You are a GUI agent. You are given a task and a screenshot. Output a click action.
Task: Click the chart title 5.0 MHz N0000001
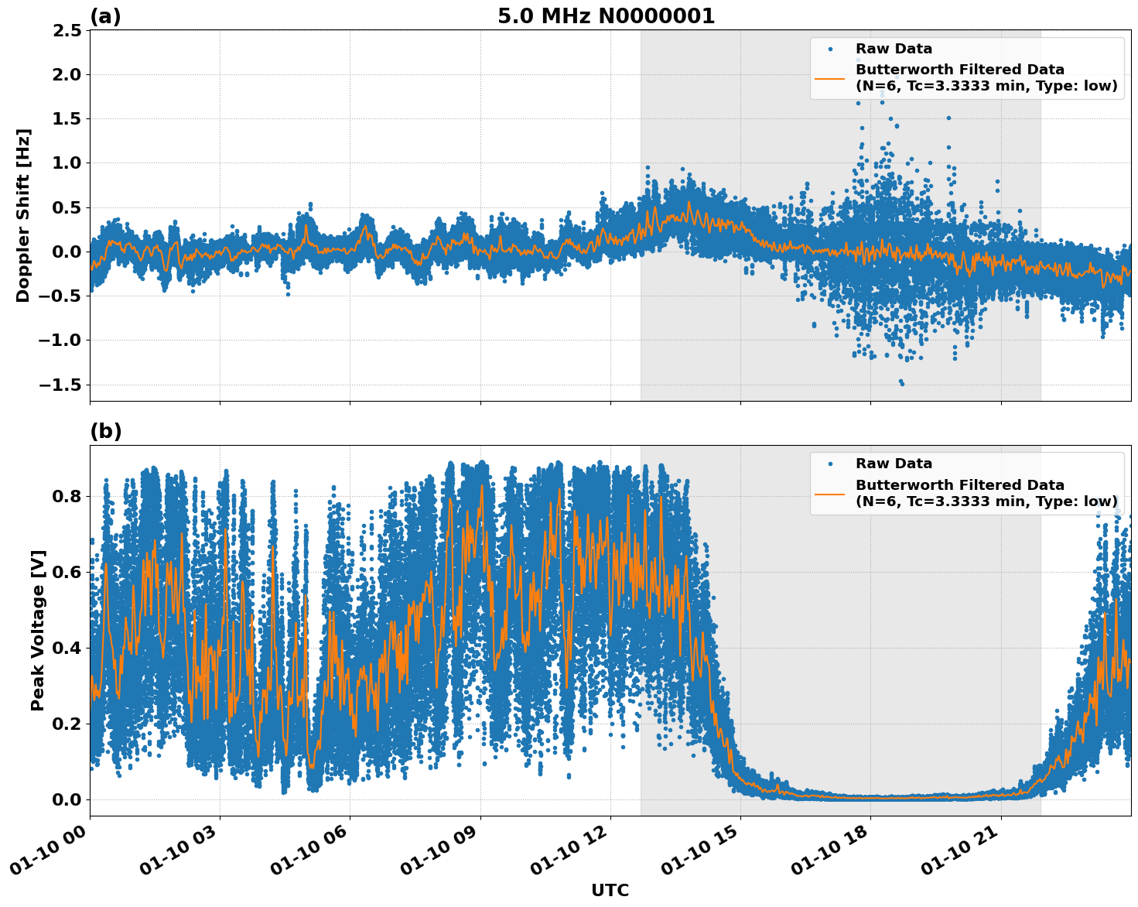pos(606,16)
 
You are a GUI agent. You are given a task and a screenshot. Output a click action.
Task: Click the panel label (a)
pos(105,16)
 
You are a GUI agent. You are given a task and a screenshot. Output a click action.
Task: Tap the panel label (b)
pos(105,431)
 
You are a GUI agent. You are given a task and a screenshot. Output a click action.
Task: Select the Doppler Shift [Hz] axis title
pos(23,215)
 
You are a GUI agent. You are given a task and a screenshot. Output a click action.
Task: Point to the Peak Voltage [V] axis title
pos(38,630)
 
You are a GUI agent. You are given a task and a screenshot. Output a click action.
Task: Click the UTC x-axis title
pos(610,890)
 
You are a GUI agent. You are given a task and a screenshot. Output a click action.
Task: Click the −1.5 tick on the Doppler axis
pos(60,385)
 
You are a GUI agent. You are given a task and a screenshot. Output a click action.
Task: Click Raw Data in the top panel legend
pos(894,49)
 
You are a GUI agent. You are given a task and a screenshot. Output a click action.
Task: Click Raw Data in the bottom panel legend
pos(894,464)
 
